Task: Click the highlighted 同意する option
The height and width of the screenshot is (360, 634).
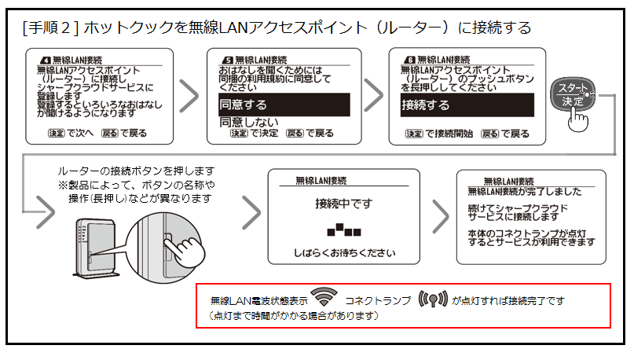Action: pyautogui.click(x=283, y=105)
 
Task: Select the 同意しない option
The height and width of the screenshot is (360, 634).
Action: pyautogui.click(x=249, y=122)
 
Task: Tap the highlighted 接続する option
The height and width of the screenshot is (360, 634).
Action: pyautogui.click(x=464, y=105)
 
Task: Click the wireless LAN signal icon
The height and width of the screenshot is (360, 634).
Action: pyautogui.click(x=323, y=299)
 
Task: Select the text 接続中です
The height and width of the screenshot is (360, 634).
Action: pyautogui.click(x=343, y=204)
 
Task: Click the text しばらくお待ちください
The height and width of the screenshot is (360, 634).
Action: pyautogui.click(x=343, y=254)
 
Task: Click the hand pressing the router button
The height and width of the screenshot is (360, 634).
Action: pyautogui.click(x=187, y=250)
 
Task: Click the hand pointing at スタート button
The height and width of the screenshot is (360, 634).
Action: pyautogui.click(x=579, y=119)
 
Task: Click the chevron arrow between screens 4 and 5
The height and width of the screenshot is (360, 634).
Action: pyautogui.click(x=189, y=96)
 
